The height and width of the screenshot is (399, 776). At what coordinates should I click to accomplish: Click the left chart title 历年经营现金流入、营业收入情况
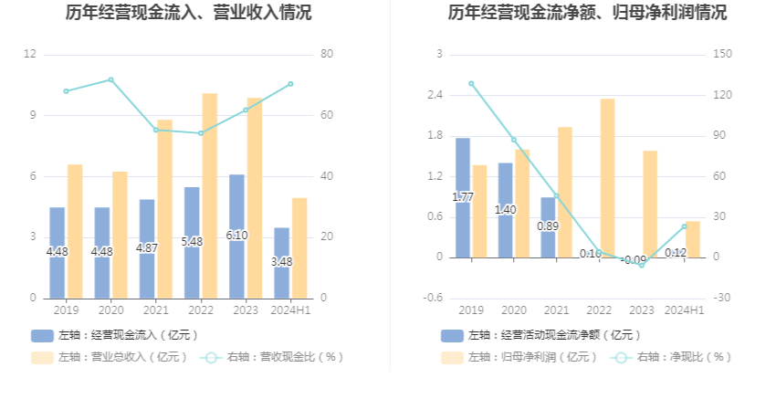click(188, 13)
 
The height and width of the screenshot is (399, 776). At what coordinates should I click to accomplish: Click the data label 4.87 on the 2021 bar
click(147, 247)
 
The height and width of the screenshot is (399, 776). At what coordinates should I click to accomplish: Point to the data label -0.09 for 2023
click(633, 260)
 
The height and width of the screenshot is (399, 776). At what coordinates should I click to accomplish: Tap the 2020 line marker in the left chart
click(110, 79)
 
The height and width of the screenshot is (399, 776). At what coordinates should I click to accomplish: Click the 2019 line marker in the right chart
click(471, 83)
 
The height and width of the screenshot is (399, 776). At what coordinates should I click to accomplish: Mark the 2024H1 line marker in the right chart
click(685, 226)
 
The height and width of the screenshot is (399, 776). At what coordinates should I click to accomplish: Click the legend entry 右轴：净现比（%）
click(676, 357)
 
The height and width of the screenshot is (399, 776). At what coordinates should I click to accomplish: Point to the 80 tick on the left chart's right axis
click(327, 55)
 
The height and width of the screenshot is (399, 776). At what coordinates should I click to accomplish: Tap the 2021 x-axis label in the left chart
click(155, 310)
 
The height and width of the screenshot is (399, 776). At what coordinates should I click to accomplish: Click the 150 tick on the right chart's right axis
click(722, 55)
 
